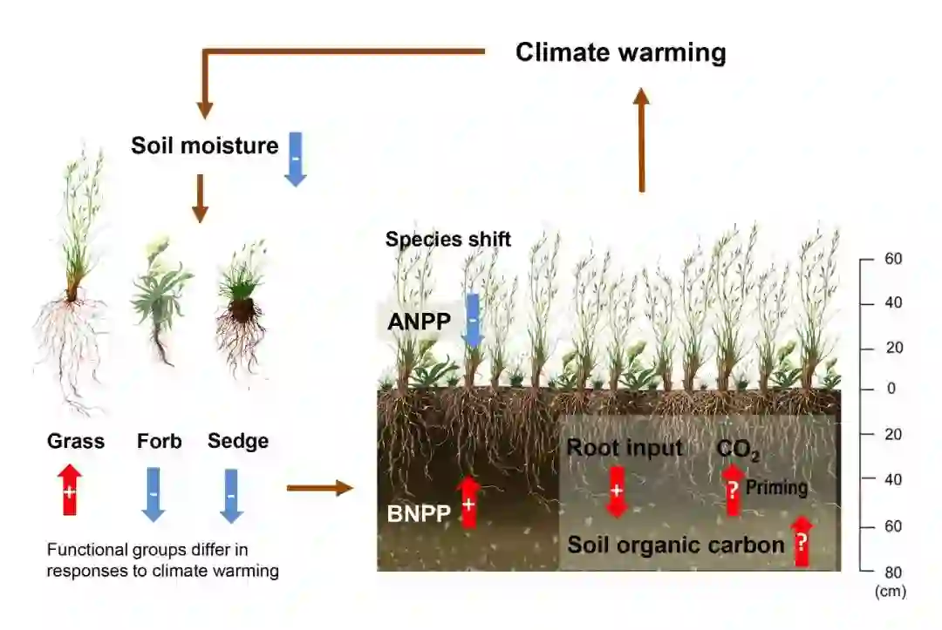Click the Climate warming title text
(x=620, y=52)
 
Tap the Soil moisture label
(x=204, y=145)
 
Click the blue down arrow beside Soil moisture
(x=296, y=158)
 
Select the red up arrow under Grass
(x=71, y=490)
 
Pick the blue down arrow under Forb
(x=154, y=494)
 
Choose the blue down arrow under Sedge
(x=230, y=494)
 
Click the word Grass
(x=76, y=441)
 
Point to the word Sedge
(x=237, y=441)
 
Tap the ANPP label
(x=420, y=322)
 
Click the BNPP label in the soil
(x=419, y=514)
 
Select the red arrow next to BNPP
(x=468, y=501)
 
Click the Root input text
(x=625, y=448)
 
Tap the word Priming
(x=776, y=487)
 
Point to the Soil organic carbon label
(x=676, y=545)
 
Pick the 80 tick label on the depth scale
(x=892, y=572)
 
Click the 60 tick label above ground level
(x=892, y=259)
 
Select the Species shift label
(x=448, y=239)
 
